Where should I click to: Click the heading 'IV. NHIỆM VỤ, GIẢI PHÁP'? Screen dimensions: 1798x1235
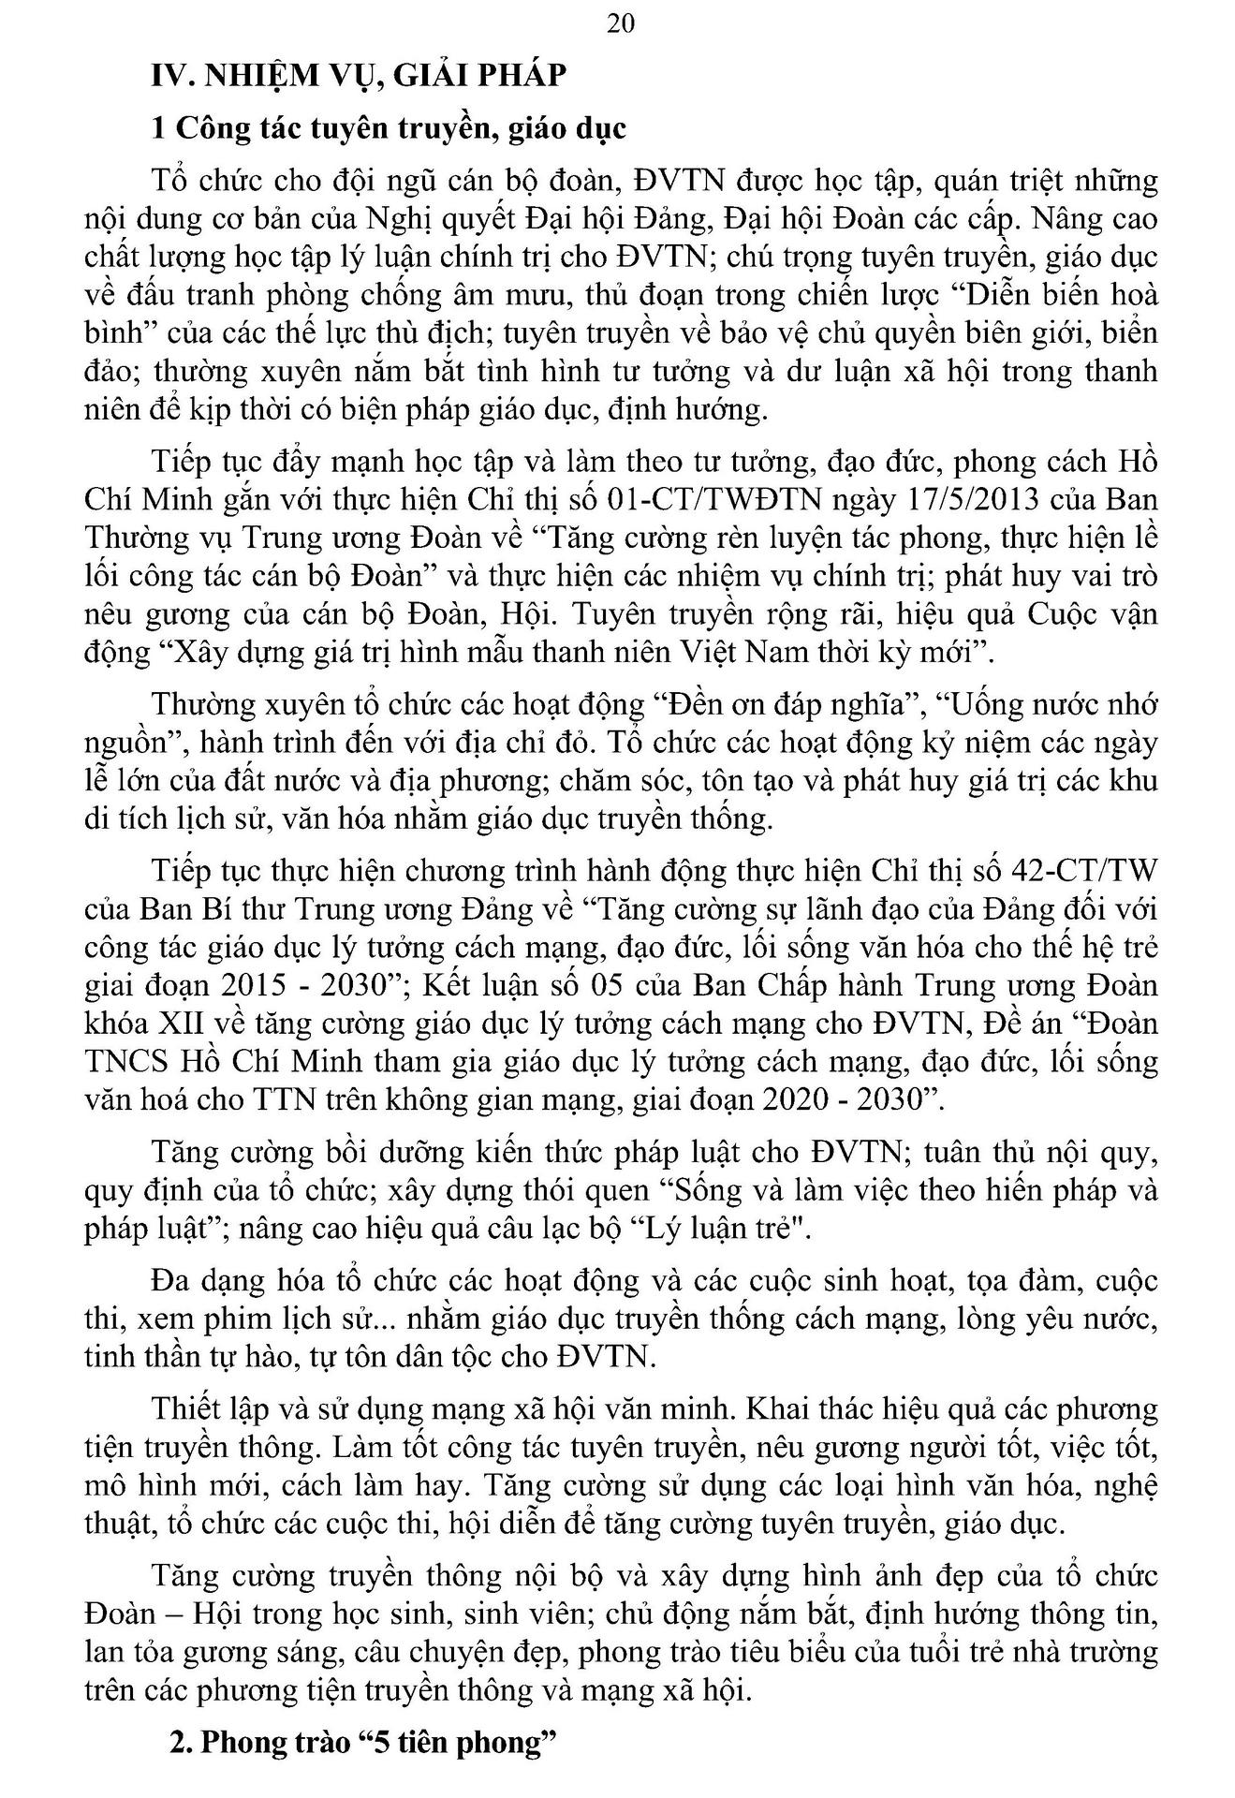pyautogui.click(x=359, y=75)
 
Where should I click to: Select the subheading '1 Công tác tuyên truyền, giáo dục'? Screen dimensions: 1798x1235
pyautogui.click(x=389, y=128)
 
